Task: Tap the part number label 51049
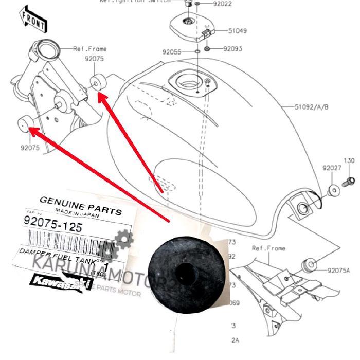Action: pos(237,31)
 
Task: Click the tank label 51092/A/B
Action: pos(311,107)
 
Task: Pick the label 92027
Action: pos(331,168)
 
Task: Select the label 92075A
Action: pos(338,269)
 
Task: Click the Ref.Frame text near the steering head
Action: pos(90,49)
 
